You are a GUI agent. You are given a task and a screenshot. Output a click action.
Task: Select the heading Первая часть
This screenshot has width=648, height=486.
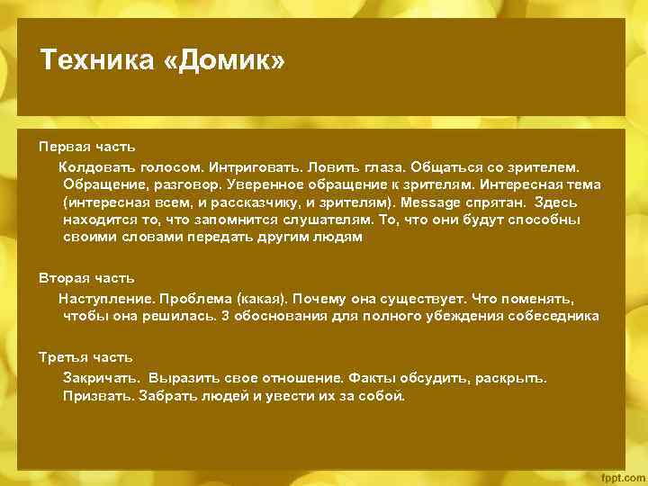coord(87,146)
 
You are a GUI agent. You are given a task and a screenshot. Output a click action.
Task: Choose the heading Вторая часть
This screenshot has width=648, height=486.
coord(86,277)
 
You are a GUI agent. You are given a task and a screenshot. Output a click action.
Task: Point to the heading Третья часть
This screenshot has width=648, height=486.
coord(85,356)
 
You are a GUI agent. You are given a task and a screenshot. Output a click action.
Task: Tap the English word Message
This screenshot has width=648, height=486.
coord(433,202)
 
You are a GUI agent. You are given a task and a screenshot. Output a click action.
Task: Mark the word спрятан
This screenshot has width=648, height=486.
coord(504,202)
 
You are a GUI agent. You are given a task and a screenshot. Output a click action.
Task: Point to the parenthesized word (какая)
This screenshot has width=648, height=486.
coord(262,297)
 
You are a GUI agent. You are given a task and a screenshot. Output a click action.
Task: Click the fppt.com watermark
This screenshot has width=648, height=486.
coord(621,474)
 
